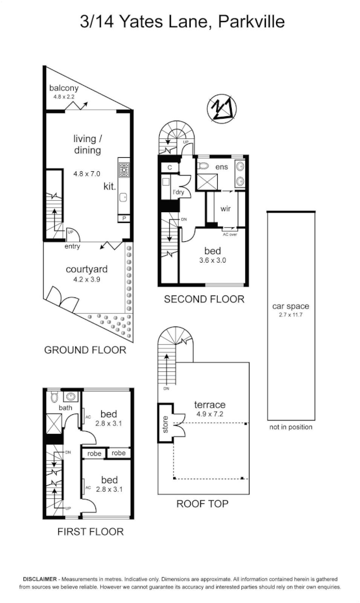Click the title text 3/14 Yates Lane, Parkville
183,22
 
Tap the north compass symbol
222,109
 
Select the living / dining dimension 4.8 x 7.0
87,173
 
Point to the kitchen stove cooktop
123,169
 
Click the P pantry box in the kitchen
124,218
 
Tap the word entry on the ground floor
72,246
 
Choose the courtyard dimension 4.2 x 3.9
87,280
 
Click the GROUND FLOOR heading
85,350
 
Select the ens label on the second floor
222,167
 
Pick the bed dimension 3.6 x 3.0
212,260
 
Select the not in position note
291,427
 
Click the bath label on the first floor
66,408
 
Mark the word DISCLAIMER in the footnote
40,579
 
